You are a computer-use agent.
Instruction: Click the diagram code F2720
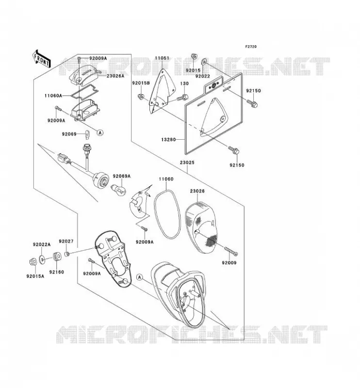[251, 47]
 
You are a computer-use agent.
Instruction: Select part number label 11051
[162, 58]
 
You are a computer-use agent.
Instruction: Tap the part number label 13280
[168, 140]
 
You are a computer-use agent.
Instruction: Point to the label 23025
[187, 162]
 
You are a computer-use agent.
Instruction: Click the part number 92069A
[122, 176]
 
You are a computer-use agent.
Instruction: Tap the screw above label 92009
[231, 251]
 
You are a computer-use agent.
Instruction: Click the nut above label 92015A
[33, 261]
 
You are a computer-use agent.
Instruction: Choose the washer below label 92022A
[42, 259]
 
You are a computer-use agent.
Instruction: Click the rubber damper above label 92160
[57, 257]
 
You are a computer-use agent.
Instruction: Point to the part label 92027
[66, 241]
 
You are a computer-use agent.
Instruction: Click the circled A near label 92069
[100, 132]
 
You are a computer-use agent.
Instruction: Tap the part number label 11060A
[53, 96]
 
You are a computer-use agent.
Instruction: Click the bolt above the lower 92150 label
[234, 150]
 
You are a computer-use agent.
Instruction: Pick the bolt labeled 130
[182, 97]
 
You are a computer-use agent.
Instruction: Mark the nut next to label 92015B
[141, 96]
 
